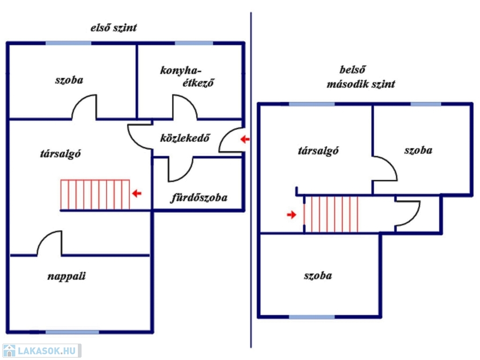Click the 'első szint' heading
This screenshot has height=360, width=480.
113,28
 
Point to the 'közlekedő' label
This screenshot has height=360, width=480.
184,138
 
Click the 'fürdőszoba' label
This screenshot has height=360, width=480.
198,198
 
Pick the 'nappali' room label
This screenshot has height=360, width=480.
67,276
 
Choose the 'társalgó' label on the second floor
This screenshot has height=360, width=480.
318,151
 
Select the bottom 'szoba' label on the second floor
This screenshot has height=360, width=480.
318,275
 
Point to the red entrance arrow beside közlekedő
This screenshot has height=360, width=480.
245,139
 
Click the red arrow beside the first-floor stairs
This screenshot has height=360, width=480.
136,193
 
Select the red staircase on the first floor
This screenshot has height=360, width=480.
95,195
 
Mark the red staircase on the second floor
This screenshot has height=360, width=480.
331,214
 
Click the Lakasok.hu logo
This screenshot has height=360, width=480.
41,351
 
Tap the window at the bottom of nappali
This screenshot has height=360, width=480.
72,332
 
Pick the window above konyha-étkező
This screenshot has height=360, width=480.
194,43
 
